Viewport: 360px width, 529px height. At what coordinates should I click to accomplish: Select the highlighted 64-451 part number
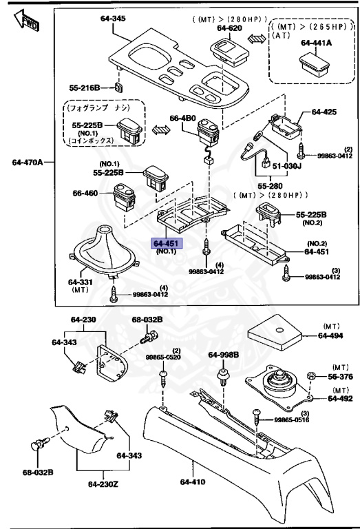(167, 243)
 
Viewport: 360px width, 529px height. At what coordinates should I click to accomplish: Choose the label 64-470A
(28, 163)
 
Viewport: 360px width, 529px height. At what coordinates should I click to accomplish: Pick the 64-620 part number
(229, 28)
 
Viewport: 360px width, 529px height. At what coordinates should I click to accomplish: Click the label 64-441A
(315, 43)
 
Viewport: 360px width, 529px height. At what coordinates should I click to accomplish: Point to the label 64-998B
(223, 355)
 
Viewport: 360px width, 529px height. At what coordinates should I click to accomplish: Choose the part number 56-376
(339, 377)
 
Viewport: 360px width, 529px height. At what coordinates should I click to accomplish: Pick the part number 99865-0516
(292, 419)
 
